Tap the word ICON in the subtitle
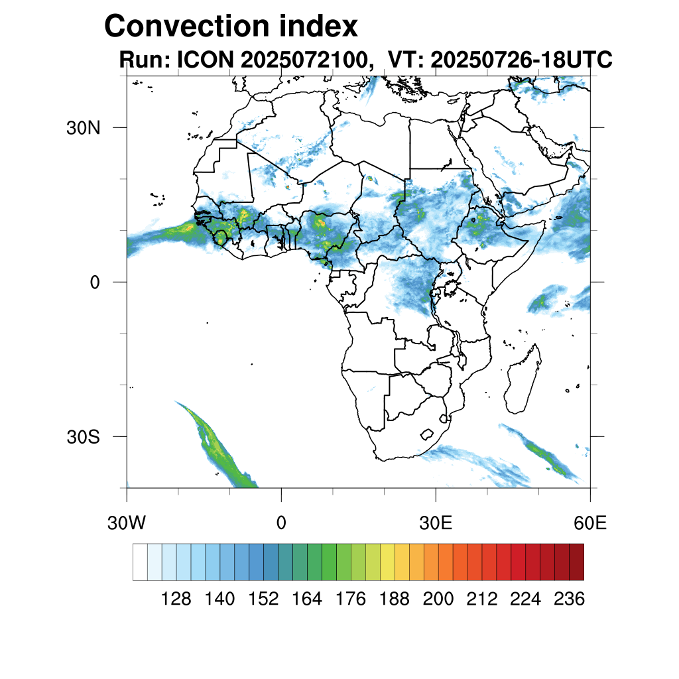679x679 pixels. tap(204, 60)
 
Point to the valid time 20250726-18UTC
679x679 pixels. tap(521, 60)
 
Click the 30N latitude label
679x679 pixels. tap(83, 127)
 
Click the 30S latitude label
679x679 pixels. tap(83, 437)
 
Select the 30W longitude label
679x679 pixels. tap(127, 523)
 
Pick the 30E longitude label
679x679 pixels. tap(436, 523)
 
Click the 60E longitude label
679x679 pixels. tap(590, 523)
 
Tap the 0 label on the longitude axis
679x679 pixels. tap(281, 523)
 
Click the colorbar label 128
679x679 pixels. tap(176, 599)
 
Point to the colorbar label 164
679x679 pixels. tap(307, 599)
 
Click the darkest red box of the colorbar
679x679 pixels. tap(576, 562)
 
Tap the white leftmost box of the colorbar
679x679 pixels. tap(140, 562)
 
